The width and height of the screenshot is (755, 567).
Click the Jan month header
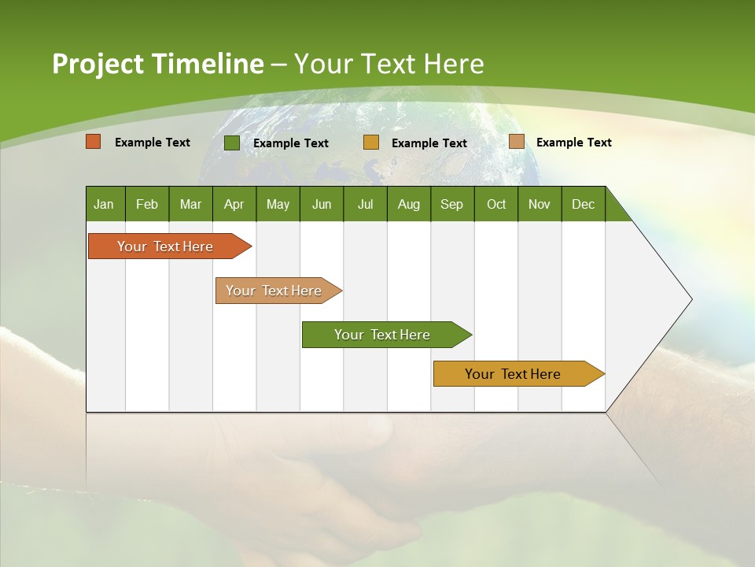coord(104,204)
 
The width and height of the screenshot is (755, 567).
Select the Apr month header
coord(234,204)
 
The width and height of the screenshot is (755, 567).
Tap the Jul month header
coord(365,204)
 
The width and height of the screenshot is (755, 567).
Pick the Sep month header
coord(451,204)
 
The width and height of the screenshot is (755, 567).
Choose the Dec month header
coord(583,204)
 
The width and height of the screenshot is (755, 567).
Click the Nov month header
coord(539,204)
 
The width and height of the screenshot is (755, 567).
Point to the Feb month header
coord(147,204)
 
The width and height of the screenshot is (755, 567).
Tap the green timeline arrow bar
coord(383,335)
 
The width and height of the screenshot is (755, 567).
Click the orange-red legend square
coord(94,142)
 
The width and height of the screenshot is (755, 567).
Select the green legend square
coord(232,143)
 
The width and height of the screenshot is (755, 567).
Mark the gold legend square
coord(371,143)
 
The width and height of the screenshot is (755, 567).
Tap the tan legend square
coord(517,142)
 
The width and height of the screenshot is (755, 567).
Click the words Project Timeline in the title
coord(157,64)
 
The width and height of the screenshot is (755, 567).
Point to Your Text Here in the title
coord(389,64)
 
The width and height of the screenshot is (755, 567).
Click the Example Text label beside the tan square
coord(573,142)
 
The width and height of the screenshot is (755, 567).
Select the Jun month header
coord(321,204)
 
